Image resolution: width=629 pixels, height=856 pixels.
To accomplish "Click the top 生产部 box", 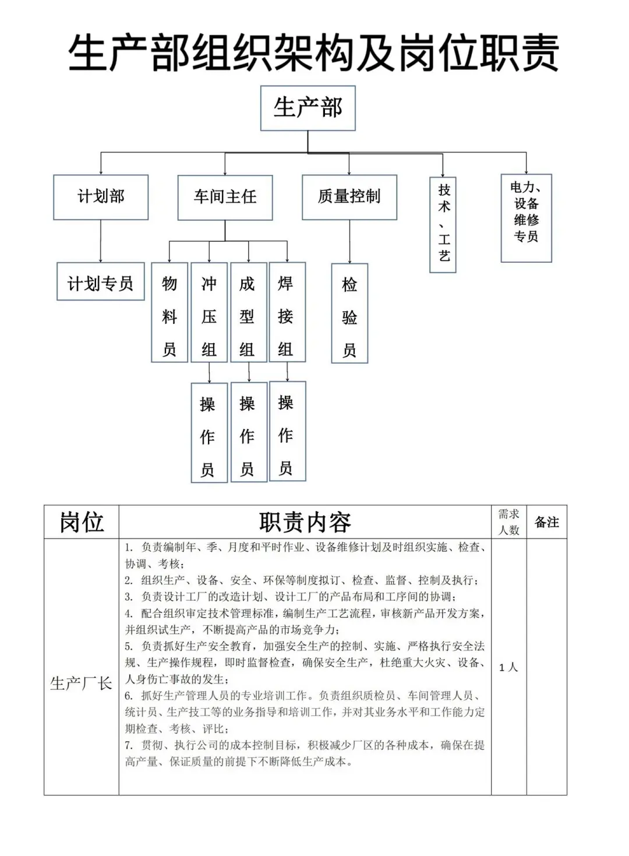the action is point(308,108).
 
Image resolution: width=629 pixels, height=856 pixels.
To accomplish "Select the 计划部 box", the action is point(101,197).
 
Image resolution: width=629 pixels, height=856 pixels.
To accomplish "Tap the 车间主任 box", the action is point(225,198).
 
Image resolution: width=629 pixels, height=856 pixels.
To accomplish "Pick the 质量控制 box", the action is point(349,197).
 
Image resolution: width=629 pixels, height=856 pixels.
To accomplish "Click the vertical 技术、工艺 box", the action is point(443,225).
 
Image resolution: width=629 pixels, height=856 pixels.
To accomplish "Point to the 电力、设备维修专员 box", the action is point(526,218).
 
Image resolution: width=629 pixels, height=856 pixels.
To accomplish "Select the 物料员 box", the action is point(169,312).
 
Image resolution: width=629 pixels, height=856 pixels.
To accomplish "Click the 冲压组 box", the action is point(209,312).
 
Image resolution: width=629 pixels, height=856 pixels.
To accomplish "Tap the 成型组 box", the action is point(248,312).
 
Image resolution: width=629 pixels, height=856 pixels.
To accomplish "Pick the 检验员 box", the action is point(349,313).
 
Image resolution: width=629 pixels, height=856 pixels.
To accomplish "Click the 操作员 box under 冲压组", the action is point(209,433).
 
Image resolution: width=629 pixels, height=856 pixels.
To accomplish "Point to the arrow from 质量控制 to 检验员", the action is point(349,241).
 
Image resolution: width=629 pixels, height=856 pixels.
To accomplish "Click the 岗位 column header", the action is point(82,522).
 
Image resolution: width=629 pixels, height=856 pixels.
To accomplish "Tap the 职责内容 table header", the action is point(305,522).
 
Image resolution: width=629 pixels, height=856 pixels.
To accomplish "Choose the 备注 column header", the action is point(546,522).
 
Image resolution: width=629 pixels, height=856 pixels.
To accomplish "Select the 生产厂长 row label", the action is point(82,683).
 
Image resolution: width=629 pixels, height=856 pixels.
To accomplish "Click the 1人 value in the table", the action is point(508,667).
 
